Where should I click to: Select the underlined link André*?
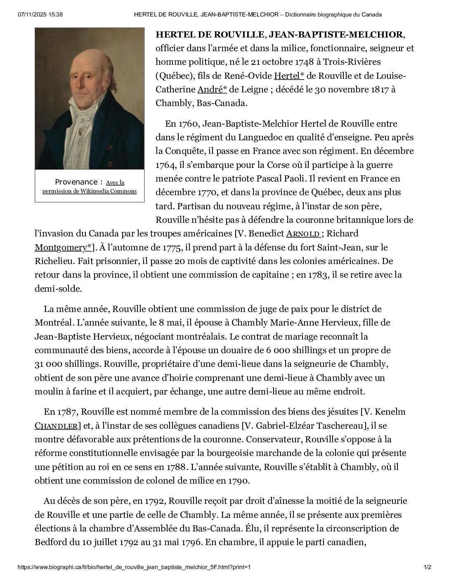[212, 90]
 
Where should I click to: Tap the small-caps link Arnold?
[303, 234]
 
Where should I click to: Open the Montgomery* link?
[63, 248]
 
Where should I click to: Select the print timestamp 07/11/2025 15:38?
[40, 14]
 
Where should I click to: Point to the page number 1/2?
[427, 567]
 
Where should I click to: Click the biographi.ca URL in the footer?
[134, 567]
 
